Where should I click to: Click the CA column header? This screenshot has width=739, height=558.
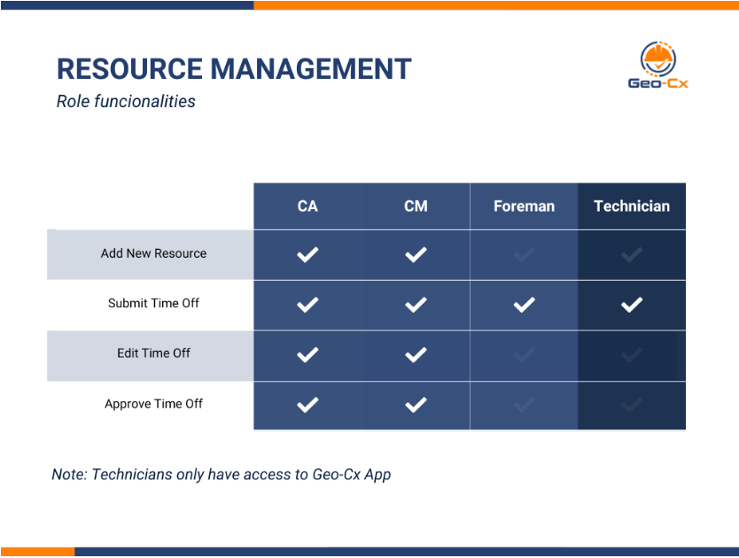click(307, 206)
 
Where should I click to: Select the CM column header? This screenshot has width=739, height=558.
click(416, 206)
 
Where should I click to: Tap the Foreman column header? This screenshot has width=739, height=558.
click(524, 206)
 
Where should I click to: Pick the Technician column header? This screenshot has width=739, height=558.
click(632, 206)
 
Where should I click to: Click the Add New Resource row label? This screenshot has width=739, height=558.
click(153, 253)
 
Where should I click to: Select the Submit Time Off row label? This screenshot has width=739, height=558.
click(153, 303)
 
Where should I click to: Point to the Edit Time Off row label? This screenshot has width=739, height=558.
click(153, 353)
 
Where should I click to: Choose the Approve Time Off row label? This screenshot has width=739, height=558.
click(153, 404)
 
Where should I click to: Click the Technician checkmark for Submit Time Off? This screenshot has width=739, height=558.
click(632, 305)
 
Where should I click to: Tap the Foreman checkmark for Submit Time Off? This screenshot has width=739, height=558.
click(524, 305)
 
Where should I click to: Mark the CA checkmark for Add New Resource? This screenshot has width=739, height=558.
click(307, 255)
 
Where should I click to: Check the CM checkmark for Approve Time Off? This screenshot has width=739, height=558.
click(416, 406)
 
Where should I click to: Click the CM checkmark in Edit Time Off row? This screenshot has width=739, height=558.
click(416, 355)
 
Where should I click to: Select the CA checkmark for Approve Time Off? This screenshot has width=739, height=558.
click(307, 406)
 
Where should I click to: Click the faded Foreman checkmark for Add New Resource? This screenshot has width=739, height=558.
click(524, 255)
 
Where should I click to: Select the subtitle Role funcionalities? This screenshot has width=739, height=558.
click(126, 101)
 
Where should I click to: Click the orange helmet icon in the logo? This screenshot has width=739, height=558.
click(658, 58)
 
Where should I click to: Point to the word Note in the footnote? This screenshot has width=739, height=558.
click(68, 475)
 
